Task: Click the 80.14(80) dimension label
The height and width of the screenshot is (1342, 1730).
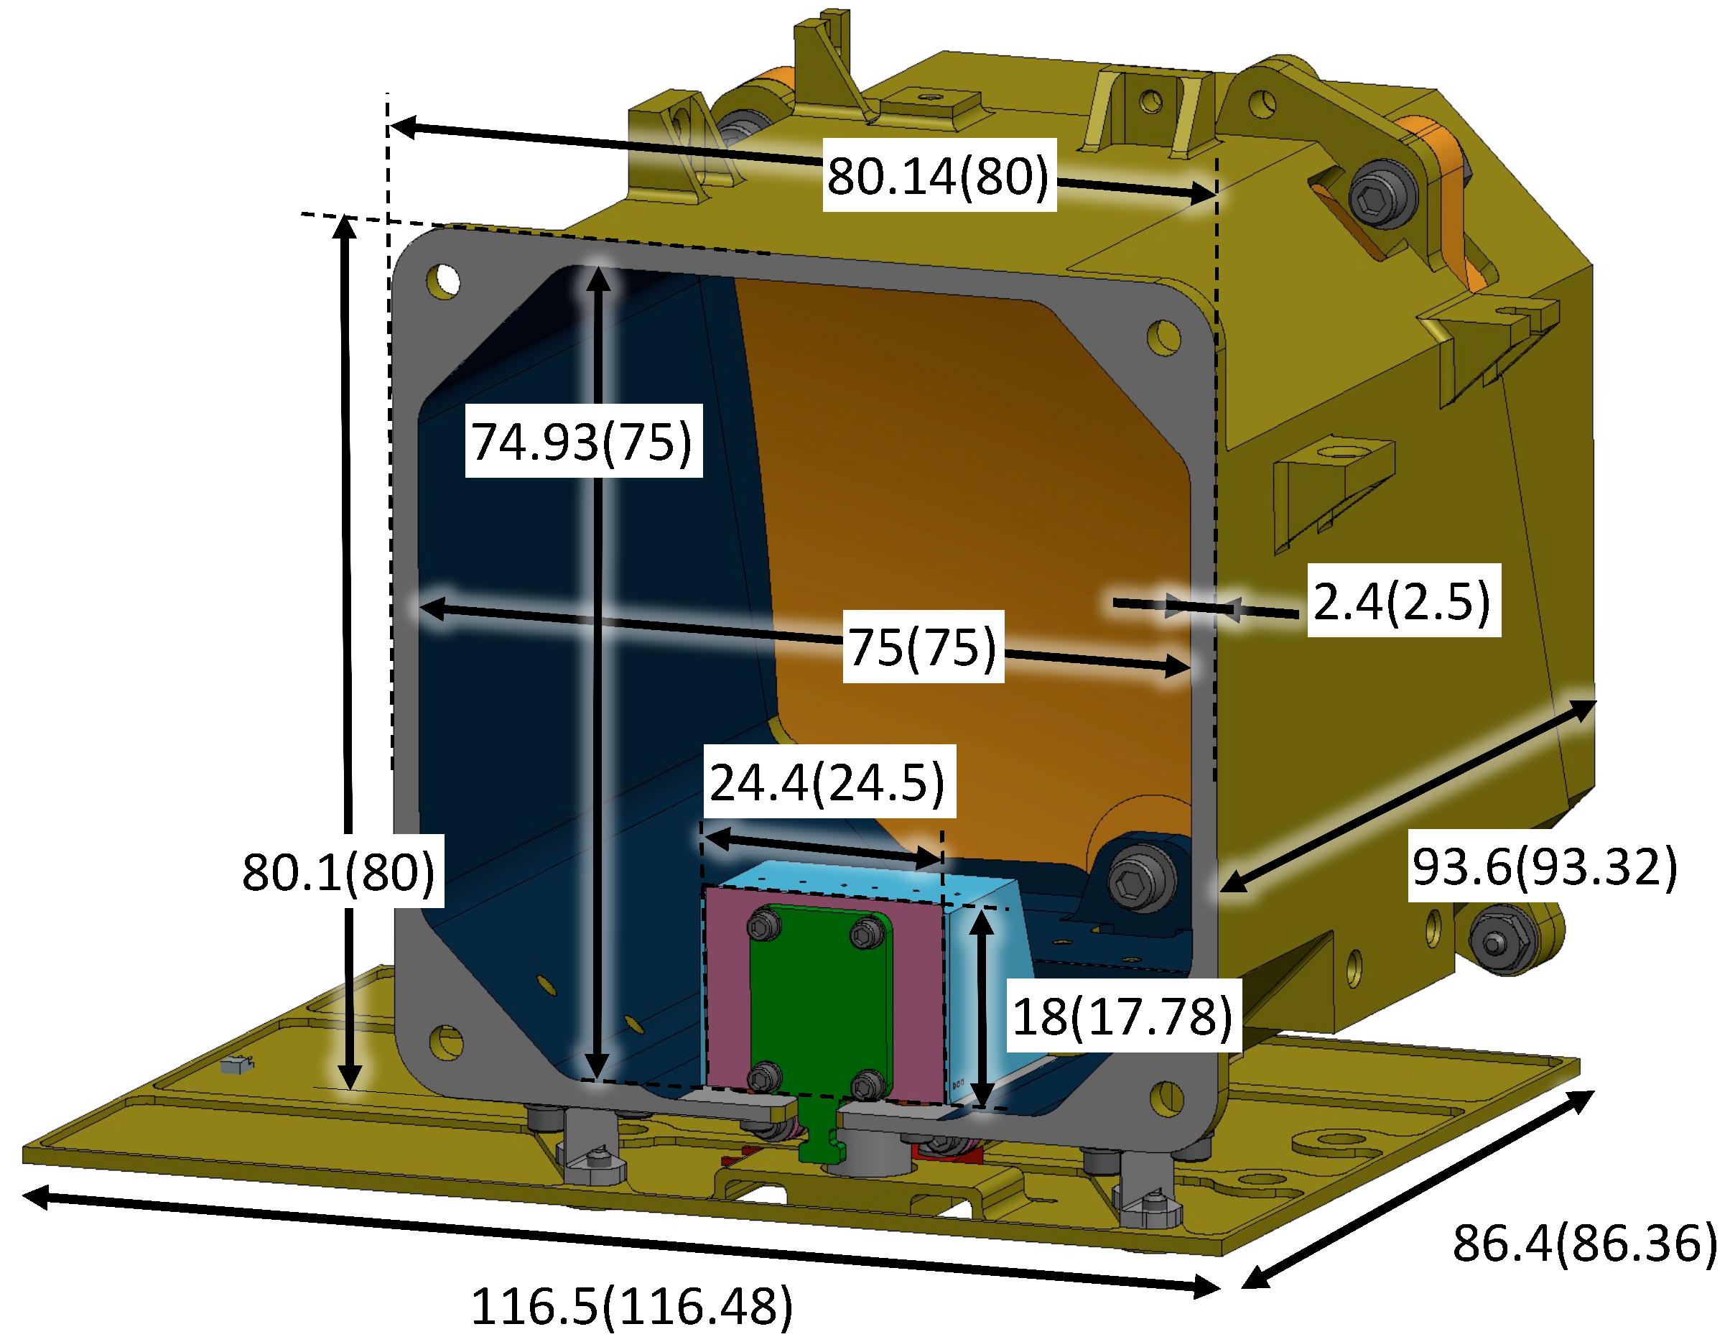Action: (x=939, y=176)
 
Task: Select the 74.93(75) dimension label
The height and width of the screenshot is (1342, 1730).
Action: (x=583, y=441)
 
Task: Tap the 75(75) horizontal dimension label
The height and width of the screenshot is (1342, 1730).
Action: (x=923, y=647)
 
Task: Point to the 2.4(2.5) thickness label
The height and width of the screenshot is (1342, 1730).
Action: (x=1403, y=601)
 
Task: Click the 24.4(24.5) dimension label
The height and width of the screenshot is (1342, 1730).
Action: (x=829, y=782)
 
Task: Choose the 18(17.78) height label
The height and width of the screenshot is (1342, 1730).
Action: (x=1122, y=1017)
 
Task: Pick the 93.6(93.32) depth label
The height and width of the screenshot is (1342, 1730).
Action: (x=1544, y=866)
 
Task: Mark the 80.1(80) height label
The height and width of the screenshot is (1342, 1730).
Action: (x=339, y=871)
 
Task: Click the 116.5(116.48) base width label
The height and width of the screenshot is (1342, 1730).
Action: (x=632, y=1305)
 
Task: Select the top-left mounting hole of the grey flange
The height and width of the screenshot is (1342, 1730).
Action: (x=443, y=280)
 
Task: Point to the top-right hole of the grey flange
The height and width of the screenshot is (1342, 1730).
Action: (x=1163, y=337)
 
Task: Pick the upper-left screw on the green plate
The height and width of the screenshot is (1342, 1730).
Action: (x=763, y=925)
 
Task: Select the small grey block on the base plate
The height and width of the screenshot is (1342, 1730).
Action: (x=236, y=1065)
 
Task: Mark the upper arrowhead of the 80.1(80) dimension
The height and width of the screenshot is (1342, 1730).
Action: (x=345, y=226)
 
